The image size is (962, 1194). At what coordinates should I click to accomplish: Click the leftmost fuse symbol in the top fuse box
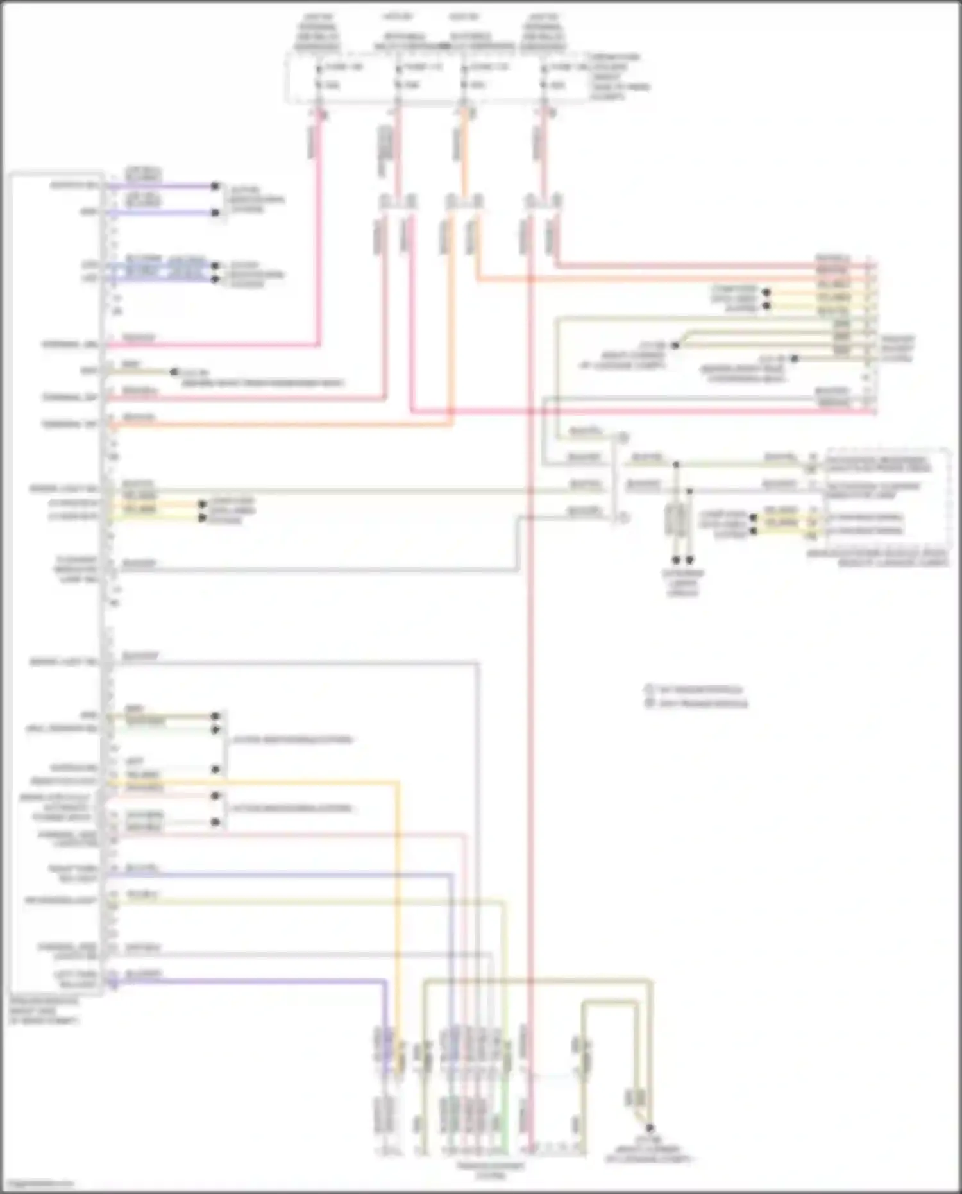(319, 76)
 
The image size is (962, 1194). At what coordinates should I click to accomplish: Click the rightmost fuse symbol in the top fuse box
(544, 76)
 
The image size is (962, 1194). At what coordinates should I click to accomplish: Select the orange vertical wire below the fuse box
(464, 148)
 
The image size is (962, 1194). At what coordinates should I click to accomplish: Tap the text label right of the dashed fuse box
(618, 76)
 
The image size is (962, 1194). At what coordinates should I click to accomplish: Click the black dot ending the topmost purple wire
(215, 187)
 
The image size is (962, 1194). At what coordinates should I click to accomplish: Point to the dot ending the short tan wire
(174, 371)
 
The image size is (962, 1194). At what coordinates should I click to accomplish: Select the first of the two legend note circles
(648, 690)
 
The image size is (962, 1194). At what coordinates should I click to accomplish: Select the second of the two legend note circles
(648, 703)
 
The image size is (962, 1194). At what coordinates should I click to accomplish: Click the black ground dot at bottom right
(649, 1128)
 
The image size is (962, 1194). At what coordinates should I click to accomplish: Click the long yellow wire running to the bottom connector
(397, 898)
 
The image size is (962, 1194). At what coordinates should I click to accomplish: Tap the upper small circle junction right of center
(622, 438)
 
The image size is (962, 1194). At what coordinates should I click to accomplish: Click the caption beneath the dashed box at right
(877, 558)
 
